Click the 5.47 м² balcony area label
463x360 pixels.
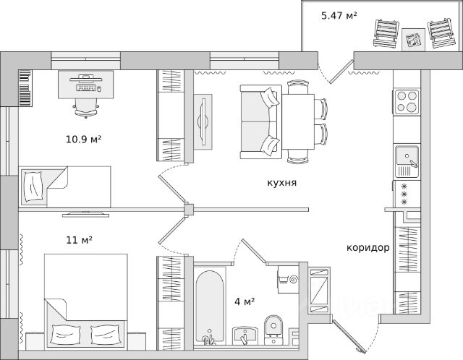pyautogui.click(x=339, y=15)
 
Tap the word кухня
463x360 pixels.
pyautogui.click(x=282, y=183)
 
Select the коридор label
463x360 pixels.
pyautogui.click(x=368, y=247)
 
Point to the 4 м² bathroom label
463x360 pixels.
pyautogui.click(x=245, y=301)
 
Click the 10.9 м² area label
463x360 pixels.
pyautogui.click(x=84, y=139)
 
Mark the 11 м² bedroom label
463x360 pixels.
pyautogui.click(x=79, y=240)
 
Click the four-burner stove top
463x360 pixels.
pyautogui.click(x=407, y=101)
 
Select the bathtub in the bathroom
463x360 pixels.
pyautogui.click(x=209, y=307)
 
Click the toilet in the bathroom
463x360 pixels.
pyautogui.click(x=273, y=329)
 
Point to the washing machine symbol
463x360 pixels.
pyautogui.click(x=288, y=279)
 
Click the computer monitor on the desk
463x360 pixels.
pyautogui.click(x=85, y=79)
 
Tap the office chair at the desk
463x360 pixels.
pyautogui.click(x=86, y=108)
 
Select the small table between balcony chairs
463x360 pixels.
pyautogui.click(x=413, y=40)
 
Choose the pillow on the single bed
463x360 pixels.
pyautogui.click(x=33, y=187)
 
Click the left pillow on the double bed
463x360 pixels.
pyautogui.click(x=66, y=334)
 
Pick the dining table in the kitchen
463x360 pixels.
pyautogui.click(x=298, y=121)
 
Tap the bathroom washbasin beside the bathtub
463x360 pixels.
pyautogui.click(x=245, y=336)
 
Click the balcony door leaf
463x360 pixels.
pyautogui.click(x=341, y=72)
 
